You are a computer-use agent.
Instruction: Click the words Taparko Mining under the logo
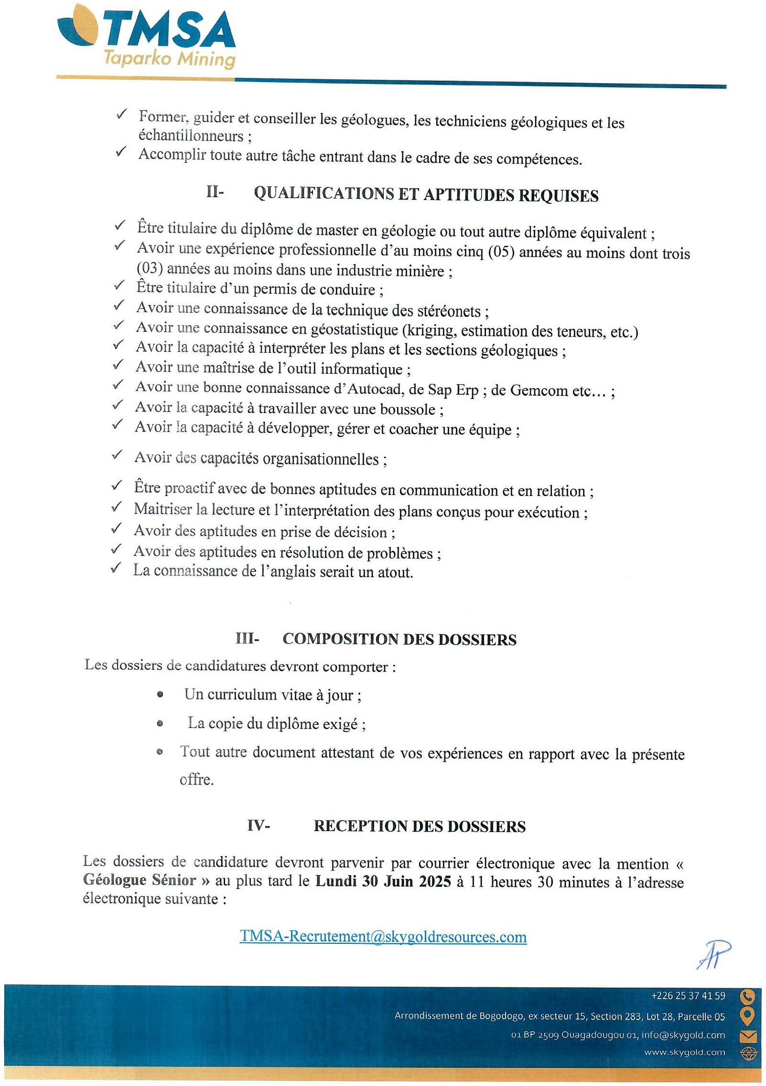(170, 60)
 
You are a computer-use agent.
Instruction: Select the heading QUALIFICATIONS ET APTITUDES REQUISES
(426, 195)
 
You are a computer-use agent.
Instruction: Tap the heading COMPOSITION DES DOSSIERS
(399, 639)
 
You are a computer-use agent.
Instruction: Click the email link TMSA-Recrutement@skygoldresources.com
(383, 937)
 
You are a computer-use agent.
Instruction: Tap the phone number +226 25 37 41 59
(688, 996)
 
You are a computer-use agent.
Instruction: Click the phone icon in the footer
(747, 997)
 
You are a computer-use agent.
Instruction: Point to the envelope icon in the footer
(747, 1036)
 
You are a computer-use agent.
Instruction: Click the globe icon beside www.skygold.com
(747, 1054)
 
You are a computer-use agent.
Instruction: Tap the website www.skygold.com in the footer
(684, 1052)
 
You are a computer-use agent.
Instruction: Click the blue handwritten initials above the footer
(714, 955)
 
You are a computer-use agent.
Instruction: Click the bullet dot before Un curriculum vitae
(160, 695)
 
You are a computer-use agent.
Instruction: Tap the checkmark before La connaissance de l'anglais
(116, 569)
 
